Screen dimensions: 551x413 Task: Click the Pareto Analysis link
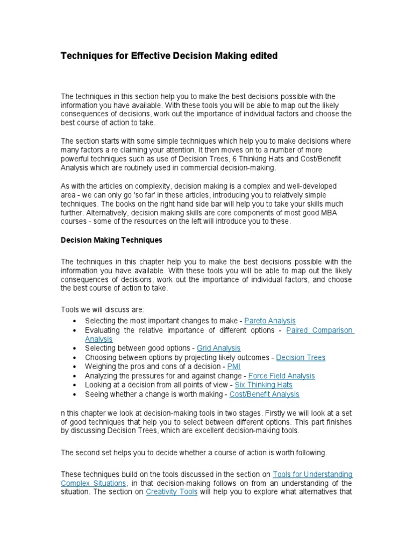[270, 321]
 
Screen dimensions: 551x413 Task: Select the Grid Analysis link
[219, 348]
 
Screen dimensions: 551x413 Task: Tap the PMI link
[234, 366]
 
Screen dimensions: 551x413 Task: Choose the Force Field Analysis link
[282, 376]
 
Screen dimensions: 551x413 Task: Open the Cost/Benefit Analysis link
[264, 394]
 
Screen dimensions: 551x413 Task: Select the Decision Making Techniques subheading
[111, 239]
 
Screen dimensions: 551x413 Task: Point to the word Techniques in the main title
[86, 56]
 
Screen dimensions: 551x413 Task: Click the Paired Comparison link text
[319, 330]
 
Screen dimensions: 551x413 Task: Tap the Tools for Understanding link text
[312, 474]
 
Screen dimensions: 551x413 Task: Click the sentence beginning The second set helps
[194, 453]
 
